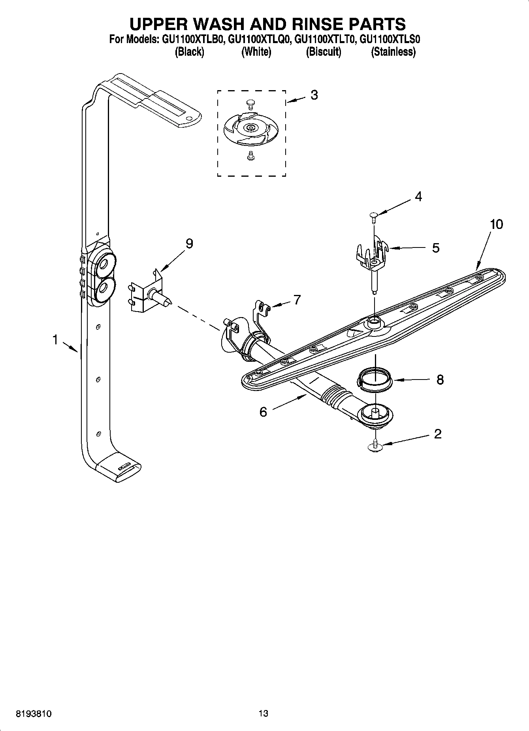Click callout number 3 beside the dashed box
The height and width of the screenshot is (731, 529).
[x=314, y=95]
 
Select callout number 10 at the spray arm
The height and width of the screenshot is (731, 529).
[x=497, y=225]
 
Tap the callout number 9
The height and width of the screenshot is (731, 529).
[x=189, y=244]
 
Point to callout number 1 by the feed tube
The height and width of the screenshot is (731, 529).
[x=56, y=339]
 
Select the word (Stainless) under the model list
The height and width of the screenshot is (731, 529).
[x=393, y=52]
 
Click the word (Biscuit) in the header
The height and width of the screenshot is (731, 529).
[x=323, y=52]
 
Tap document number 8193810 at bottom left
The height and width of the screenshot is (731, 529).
[x=34, y=714]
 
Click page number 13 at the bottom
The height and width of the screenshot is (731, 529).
[x=263, y=714]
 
